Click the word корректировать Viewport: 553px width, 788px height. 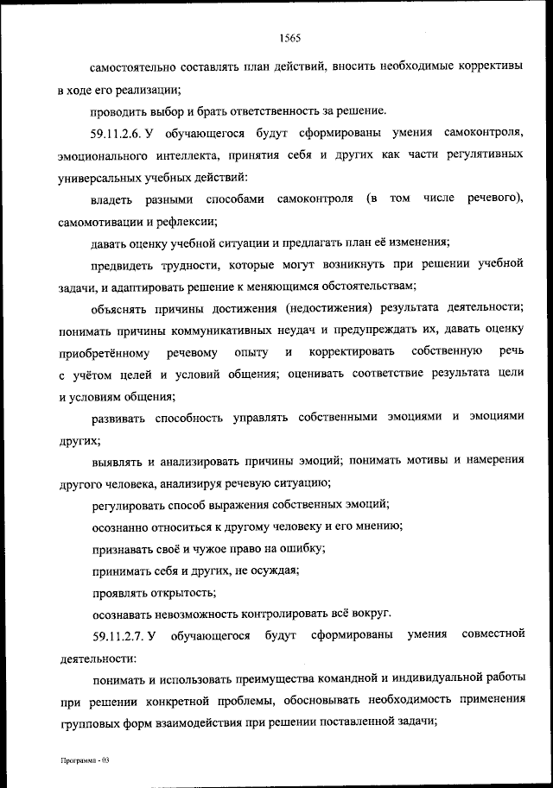pos(353,352)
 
